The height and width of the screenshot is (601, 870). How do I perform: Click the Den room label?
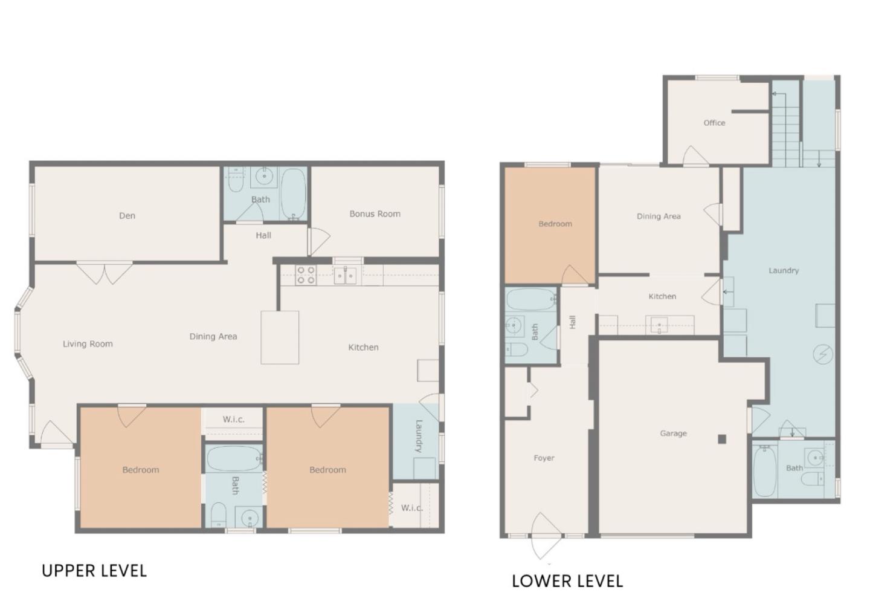127,216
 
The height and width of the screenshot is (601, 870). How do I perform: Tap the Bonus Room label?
375,214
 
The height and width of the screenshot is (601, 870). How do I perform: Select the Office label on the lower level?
714,123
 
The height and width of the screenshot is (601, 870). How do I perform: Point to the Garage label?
674,433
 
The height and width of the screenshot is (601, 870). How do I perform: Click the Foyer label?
544,458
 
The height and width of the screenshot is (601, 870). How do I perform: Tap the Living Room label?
88,344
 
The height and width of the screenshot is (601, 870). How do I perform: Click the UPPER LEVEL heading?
94,571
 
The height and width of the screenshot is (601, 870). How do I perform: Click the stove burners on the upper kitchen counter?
306,275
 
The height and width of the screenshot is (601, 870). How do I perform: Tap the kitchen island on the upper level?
280,337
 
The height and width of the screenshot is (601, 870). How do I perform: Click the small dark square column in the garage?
721,440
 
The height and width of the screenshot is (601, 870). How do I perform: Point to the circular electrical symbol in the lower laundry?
823,354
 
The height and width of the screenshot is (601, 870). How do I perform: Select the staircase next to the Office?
787,128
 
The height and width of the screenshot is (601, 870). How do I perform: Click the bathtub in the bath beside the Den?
293,193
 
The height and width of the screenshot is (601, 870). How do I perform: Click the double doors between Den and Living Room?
105,274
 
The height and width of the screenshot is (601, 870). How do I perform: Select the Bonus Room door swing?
319,241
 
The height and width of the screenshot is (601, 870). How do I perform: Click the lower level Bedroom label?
555,224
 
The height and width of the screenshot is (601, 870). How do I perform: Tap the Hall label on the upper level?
263,236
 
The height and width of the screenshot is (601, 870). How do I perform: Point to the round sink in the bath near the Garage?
815,458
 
